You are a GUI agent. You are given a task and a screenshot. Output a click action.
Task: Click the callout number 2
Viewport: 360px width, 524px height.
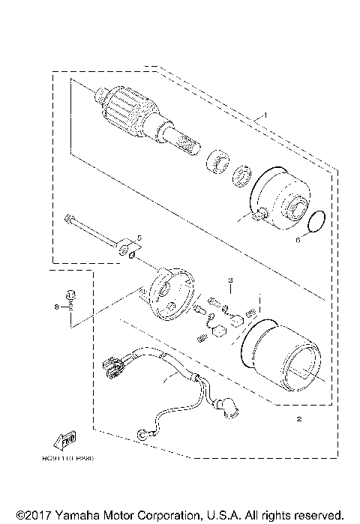[298, 419]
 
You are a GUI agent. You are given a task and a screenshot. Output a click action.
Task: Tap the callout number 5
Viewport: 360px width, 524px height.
[137, 238]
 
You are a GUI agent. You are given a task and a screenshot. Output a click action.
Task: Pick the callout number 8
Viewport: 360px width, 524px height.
[55, 307]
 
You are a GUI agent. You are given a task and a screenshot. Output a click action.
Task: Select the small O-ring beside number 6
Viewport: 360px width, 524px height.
[317, 220]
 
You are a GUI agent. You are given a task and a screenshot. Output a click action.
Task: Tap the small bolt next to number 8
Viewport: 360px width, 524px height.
[70, 297]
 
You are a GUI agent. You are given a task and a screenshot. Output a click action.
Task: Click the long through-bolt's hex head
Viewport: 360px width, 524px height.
[69, 218]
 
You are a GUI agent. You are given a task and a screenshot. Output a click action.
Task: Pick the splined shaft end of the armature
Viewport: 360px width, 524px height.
[188, 142]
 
